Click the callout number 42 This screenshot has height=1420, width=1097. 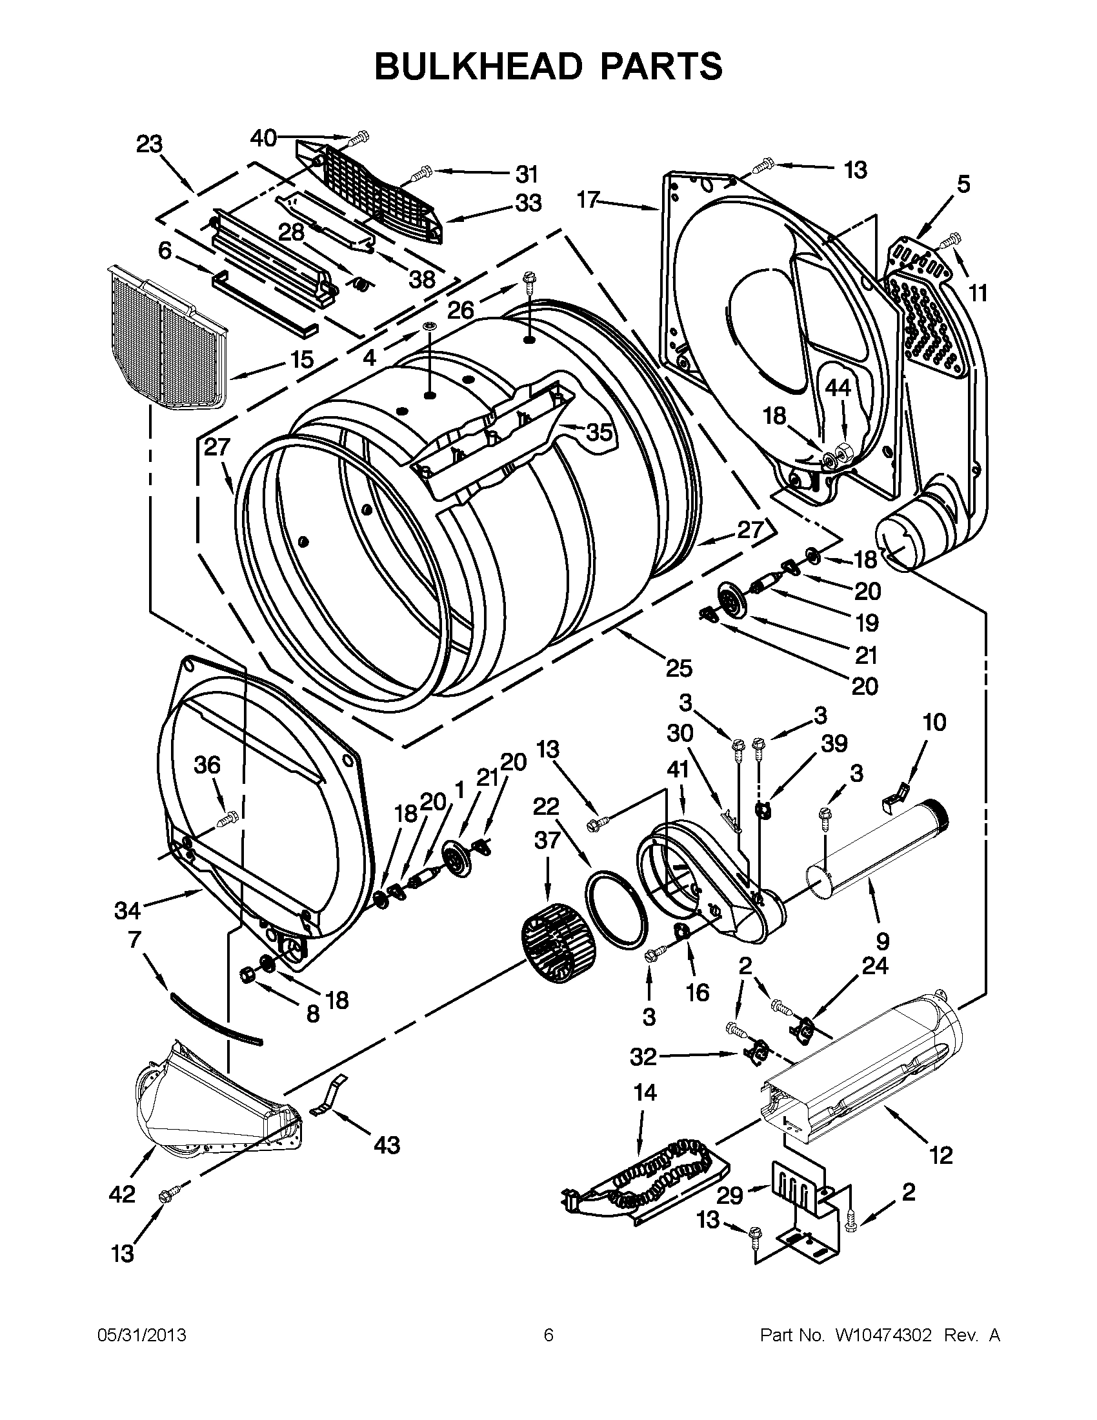(x=122, y=1193)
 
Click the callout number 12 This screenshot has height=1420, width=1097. (x=941, y=1155)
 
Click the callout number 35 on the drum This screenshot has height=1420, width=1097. (x=599, y=432)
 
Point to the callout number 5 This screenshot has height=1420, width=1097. (x=963, y=185)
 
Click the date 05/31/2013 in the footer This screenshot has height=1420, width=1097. (x=142, y=1335)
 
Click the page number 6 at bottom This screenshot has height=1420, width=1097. (x=548, y=1335)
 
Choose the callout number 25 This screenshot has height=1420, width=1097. (x=679, y=668)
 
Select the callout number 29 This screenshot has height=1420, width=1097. (x=730, y=1195)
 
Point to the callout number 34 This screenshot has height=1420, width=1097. (x=128, y=910)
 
